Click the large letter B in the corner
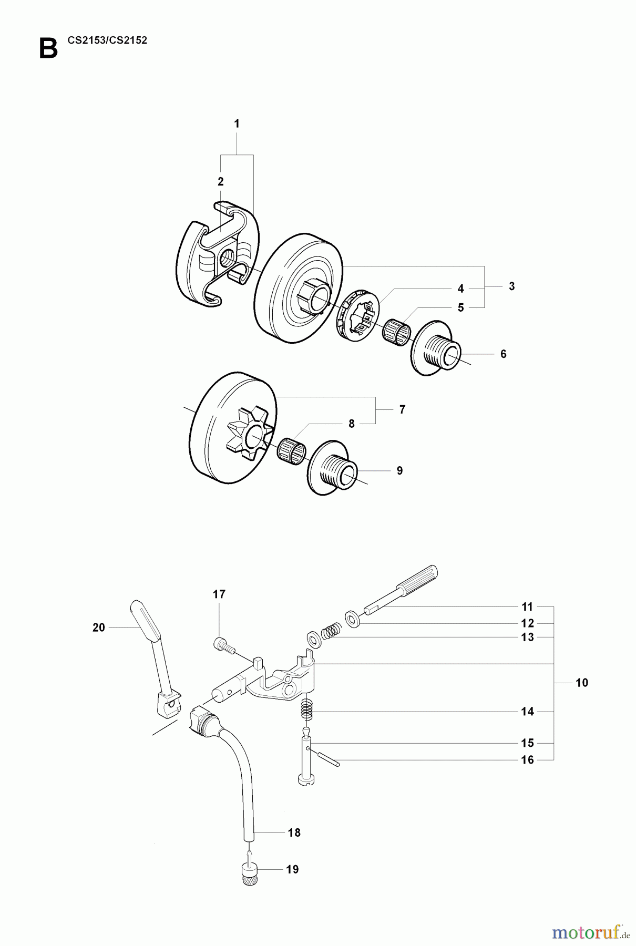pos(48,49)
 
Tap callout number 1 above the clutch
pos(237,124)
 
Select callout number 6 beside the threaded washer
pos(503,354)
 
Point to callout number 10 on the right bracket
pos(582,683)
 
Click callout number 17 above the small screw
pos(219,594)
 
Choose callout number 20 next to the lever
pos(99,628)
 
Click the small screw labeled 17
pos(223,645)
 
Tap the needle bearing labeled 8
pos(291,448)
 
